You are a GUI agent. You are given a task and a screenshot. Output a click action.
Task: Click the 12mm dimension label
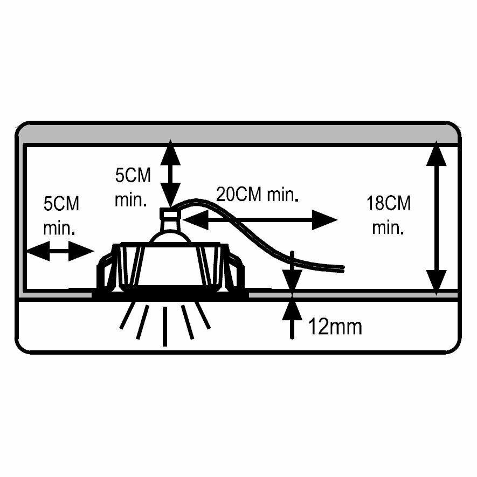(335, 326)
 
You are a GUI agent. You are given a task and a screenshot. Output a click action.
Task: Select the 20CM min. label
(257, 194)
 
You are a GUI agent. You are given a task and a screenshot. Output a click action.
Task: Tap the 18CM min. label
(388, 215)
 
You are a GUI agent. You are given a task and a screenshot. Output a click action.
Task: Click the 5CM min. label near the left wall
(60, 215)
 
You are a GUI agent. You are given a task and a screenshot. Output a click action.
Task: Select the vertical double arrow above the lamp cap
(171, 173)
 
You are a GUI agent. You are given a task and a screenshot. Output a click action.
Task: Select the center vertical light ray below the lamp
(164, 326)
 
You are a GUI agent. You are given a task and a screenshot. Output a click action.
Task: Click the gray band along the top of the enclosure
(237, 133)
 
